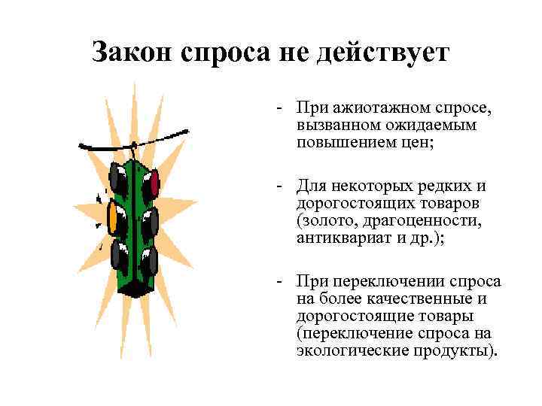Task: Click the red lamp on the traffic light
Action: click(x=153, y=183)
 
